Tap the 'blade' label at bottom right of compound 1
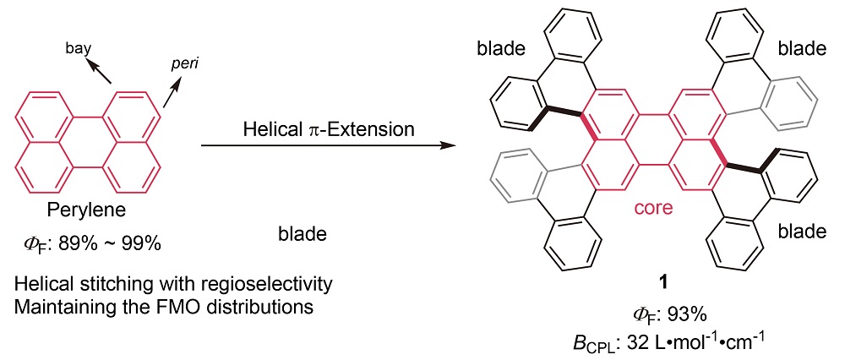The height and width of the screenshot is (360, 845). coord(802,231)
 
